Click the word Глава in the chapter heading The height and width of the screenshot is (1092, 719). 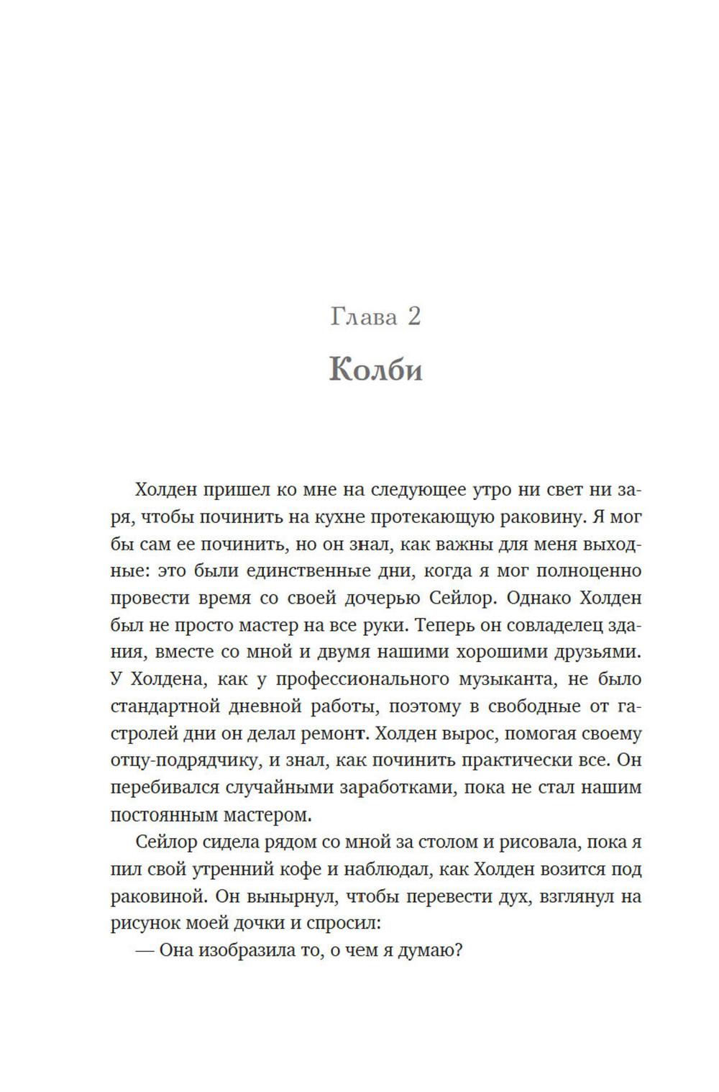pos(364,317)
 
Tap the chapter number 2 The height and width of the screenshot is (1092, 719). pos(413,317)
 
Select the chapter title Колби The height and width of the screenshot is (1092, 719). pos(375,370)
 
